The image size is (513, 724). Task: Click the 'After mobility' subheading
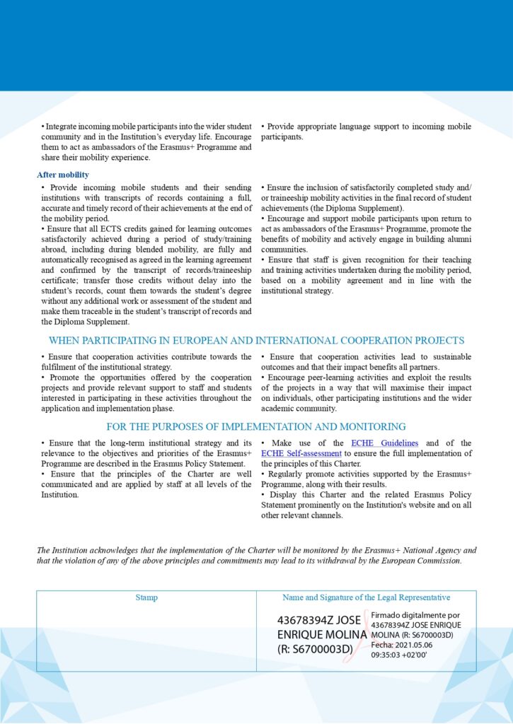63,175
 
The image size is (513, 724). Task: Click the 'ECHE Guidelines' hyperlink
379,443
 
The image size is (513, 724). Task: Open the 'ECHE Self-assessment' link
301,453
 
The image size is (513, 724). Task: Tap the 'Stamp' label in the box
146,598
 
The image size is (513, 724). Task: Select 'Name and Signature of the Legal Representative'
366,598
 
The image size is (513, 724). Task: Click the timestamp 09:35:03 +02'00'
399,655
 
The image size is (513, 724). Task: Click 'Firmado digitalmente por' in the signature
415,616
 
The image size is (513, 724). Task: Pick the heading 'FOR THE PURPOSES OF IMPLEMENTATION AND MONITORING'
256,427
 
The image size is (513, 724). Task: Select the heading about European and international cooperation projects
256,341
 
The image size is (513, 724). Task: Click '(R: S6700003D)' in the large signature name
315,649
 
